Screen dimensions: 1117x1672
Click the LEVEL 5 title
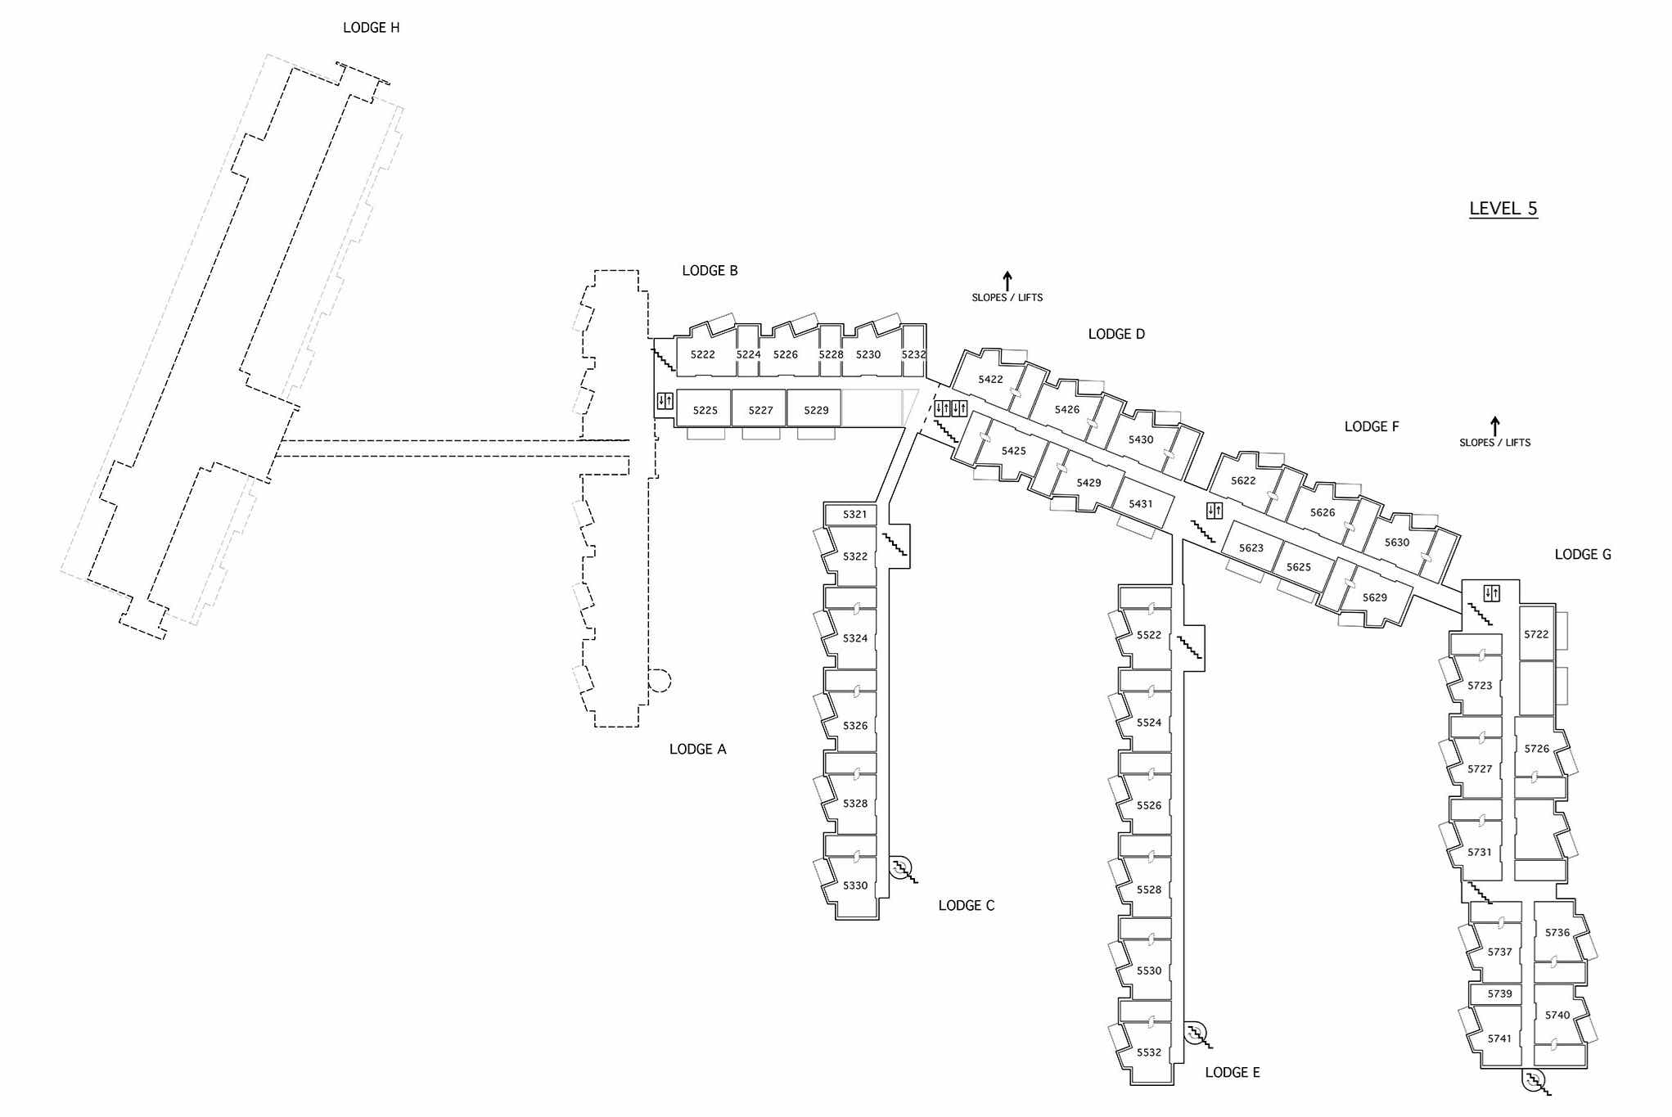click(x=1503, y=209)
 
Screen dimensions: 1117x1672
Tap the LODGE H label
click(x=371, y=28)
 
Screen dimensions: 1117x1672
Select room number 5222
click(x=702, y=355)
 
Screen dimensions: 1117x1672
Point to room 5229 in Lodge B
click(x=816, y=411)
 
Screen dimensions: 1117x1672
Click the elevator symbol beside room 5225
click(x=665, y=402)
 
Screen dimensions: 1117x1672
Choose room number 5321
click(x=854, y=515)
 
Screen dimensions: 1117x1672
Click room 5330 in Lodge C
click(x=855, y=885)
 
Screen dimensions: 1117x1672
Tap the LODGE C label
click(x=966, y=906)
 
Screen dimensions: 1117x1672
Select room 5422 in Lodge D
click(x=990, y=380)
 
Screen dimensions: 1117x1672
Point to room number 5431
click(x=1140, y=504)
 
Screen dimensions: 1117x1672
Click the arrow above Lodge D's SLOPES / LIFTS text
click(x=1007, y=281)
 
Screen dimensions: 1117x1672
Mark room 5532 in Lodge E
click(x=1148, y=1052)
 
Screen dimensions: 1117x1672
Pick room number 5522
click(x=1148, y=635)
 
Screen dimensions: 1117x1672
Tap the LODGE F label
click(x=1372, y=427)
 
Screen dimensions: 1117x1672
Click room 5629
click(x=1374, y=598)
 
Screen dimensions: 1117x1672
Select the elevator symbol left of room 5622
click(x=1215, y=511)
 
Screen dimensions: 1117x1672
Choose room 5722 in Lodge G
click(x=1536, y=634)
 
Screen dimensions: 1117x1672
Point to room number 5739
click(x=1499, y=994)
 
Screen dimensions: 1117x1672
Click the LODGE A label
click(x=697, y=750)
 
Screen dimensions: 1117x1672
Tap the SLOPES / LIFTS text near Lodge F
click(x=1494, y=443)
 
